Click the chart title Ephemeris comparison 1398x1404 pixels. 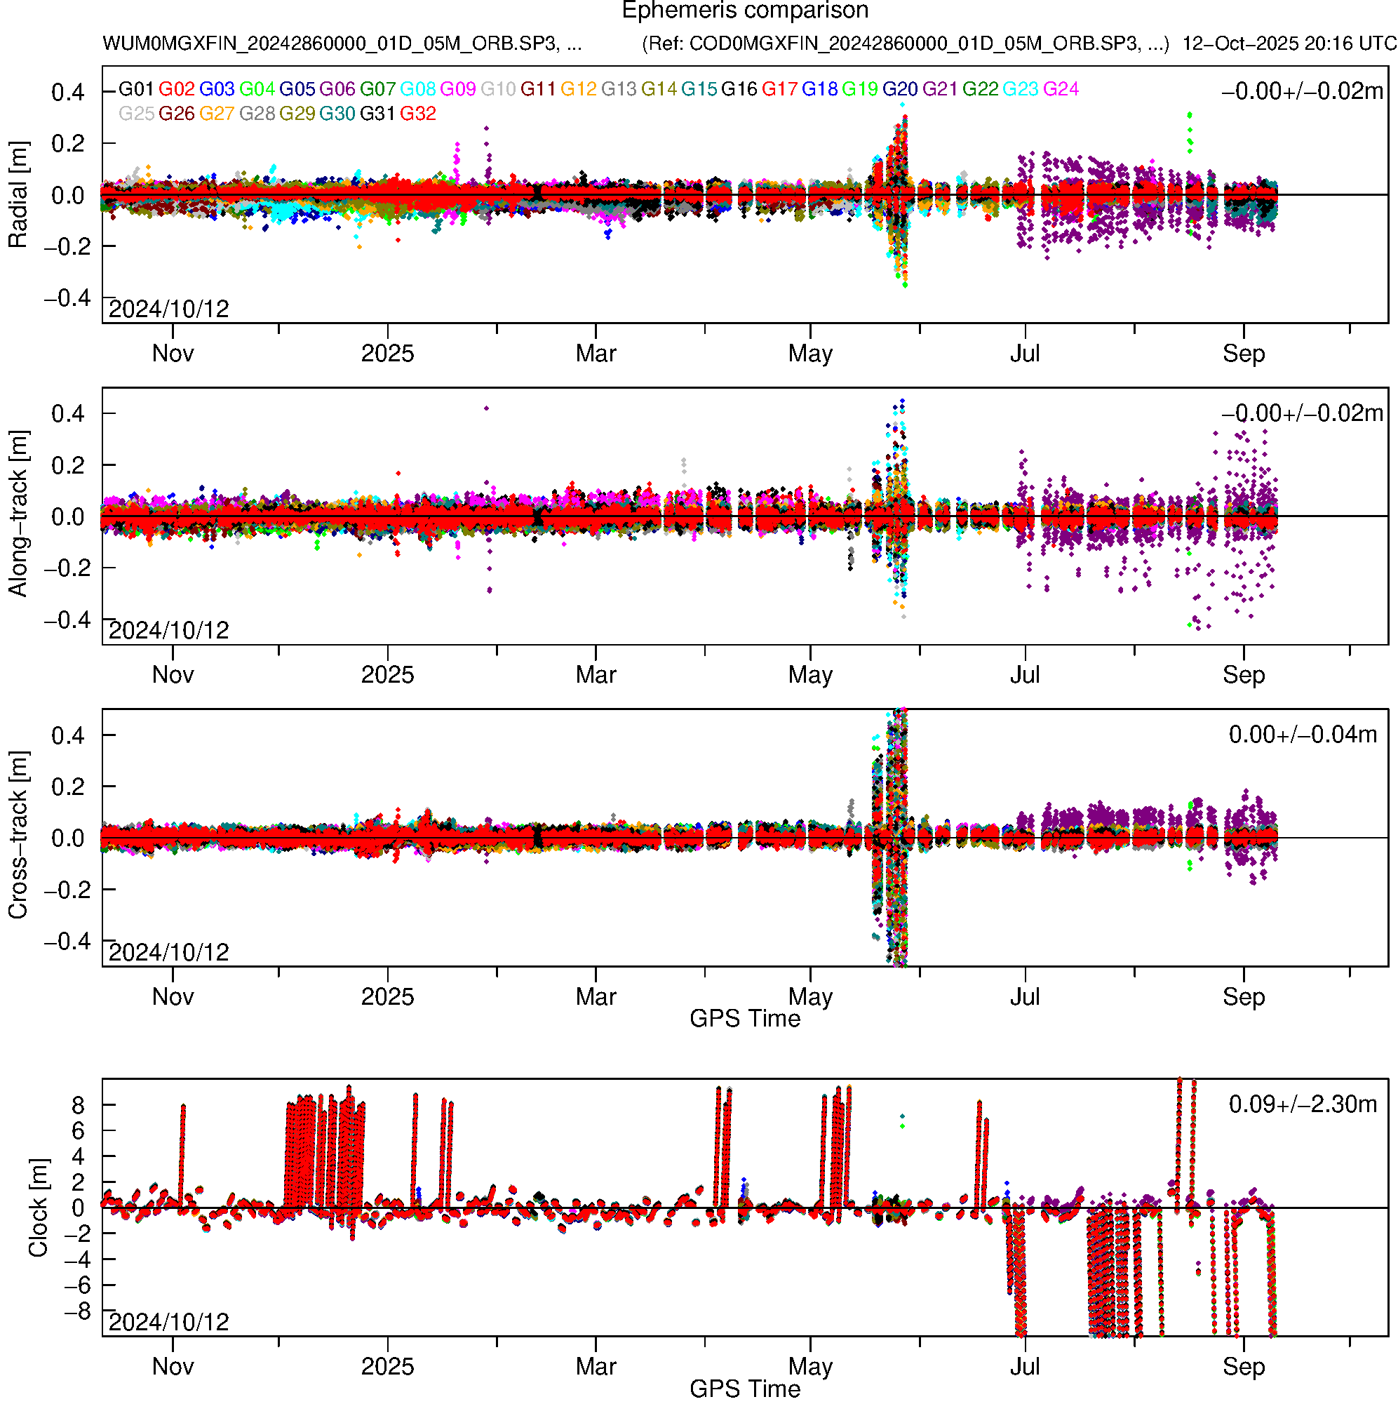[x=745, y=11]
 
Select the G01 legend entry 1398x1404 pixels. [x=136, y=89]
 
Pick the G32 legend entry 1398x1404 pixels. [x=418, y=114]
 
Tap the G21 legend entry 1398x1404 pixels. [x=939, y=89]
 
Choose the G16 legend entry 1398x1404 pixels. [x=738, y=89]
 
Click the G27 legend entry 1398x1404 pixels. [x=217, y=114]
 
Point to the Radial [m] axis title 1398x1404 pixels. [x=18, y=195]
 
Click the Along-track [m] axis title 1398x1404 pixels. [x=18, y=514]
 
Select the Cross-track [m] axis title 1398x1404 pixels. [x=18, y=836]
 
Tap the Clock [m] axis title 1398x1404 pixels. [x=38, y=1207]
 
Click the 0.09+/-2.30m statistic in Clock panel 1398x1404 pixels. [x=1302, y=1104]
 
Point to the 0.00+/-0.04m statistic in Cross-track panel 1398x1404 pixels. [x=1302, y=735]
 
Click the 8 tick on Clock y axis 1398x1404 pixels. [x=78, y=1105]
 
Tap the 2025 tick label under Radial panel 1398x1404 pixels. [x=387, y=354]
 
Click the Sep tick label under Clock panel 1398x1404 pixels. [x=1243, y=1366]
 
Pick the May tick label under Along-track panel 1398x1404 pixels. [x=809, y=675]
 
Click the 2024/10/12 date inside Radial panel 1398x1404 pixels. [x=168, y=309]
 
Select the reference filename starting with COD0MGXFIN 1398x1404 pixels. [x=905, y=44]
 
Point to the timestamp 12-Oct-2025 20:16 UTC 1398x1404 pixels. [x=1289, y=44]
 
